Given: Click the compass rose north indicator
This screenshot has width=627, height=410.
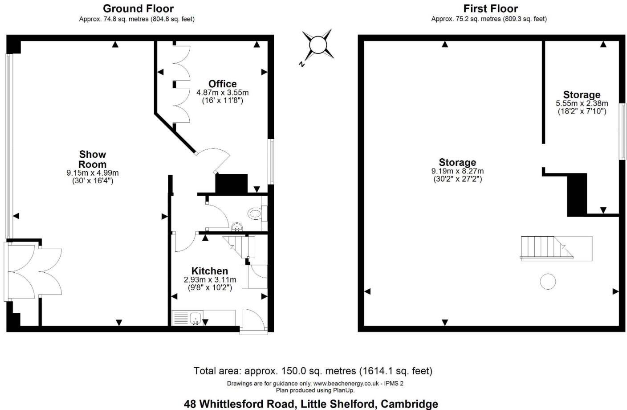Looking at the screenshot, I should coord(318,45).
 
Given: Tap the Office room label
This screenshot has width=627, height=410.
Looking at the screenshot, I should coord(222,84).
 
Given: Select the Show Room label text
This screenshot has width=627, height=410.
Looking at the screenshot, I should coord(93,159).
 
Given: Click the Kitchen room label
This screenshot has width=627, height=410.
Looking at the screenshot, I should coord(209,271).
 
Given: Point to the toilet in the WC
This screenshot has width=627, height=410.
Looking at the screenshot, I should coord(255,214).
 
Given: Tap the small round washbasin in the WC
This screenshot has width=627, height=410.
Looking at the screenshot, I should coord(237,226).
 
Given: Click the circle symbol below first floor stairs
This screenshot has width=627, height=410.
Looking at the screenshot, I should coord(548,282).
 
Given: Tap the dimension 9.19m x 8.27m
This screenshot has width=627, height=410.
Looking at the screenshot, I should coord(457,171).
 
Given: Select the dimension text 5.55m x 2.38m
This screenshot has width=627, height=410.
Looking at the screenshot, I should coord(582,103).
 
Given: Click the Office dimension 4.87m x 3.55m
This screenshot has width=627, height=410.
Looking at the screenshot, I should coord(222,93).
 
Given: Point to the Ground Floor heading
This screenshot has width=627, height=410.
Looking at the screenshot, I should coord(138,8).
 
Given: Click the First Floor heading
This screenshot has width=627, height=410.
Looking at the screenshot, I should coord(490,8).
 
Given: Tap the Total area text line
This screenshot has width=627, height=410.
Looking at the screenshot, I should coord(313,371).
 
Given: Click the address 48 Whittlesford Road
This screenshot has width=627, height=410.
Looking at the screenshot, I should coord(310,404).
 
